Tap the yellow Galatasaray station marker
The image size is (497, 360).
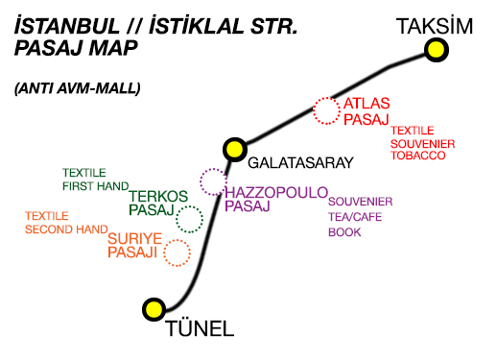coord(233,148)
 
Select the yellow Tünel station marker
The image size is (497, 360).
coord(153,309)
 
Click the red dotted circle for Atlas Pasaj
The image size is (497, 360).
coord(327,110)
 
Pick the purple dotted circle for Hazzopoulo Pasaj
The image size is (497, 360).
coord(212,180)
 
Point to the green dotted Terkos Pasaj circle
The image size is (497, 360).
coord(190,219)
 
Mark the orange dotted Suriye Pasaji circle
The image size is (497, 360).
coord(177,252)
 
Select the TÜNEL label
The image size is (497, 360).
coord(201,330)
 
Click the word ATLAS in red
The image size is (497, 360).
coord(368,105)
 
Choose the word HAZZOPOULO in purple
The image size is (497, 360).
coord(276,192)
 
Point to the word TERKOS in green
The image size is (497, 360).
coord(157,194)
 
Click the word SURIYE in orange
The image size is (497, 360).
coord(133,238)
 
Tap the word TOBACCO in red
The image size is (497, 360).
coord(418,156)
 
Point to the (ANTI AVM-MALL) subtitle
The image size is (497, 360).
coord(78,88)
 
